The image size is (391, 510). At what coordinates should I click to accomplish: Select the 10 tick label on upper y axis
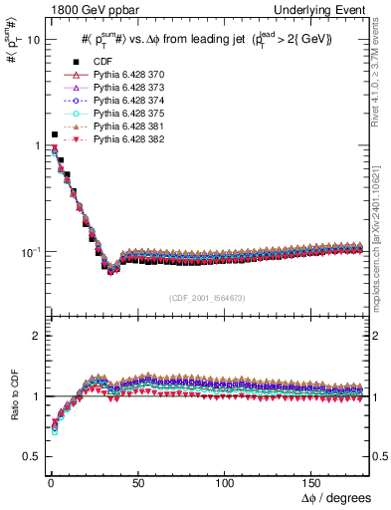[x=33, y=41]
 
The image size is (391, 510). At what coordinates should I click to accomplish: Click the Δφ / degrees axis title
[x=336, y=496]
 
